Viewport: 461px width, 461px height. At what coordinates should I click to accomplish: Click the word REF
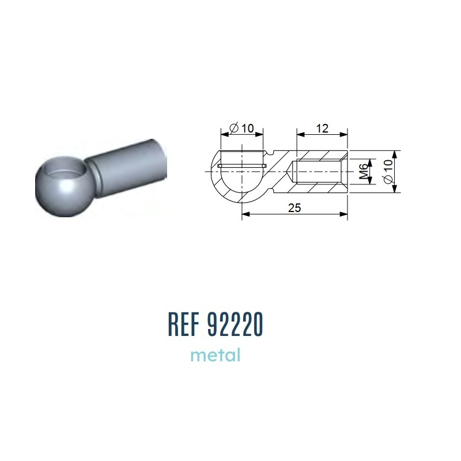pyautogui.click(x=183, y=324)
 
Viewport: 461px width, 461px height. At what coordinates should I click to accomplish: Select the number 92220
pyautogui.click(x=235, y=324)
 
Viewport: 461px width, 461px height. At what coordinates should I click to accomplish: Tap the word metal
pyautogui.click(x=216, y=355)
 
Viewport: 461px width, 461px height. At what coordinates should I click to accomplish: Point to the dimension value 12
pyautogui.click(x=322, y=129)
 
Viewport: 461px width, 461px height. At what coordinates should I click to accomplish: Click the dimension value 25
pyautogui.click(x=294, y=208)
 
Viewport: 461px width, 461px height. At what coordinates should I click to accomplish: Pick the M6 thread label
pyautogui.click(x=364, y=171)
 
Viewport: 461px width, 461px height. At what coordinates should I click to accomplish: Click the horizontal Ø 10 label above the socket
pyautogui.click(x=242, y=128)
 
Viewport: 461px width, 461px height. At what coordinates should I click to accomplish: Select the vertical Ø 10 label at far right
pyautogui.click(x=388, y=171)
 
